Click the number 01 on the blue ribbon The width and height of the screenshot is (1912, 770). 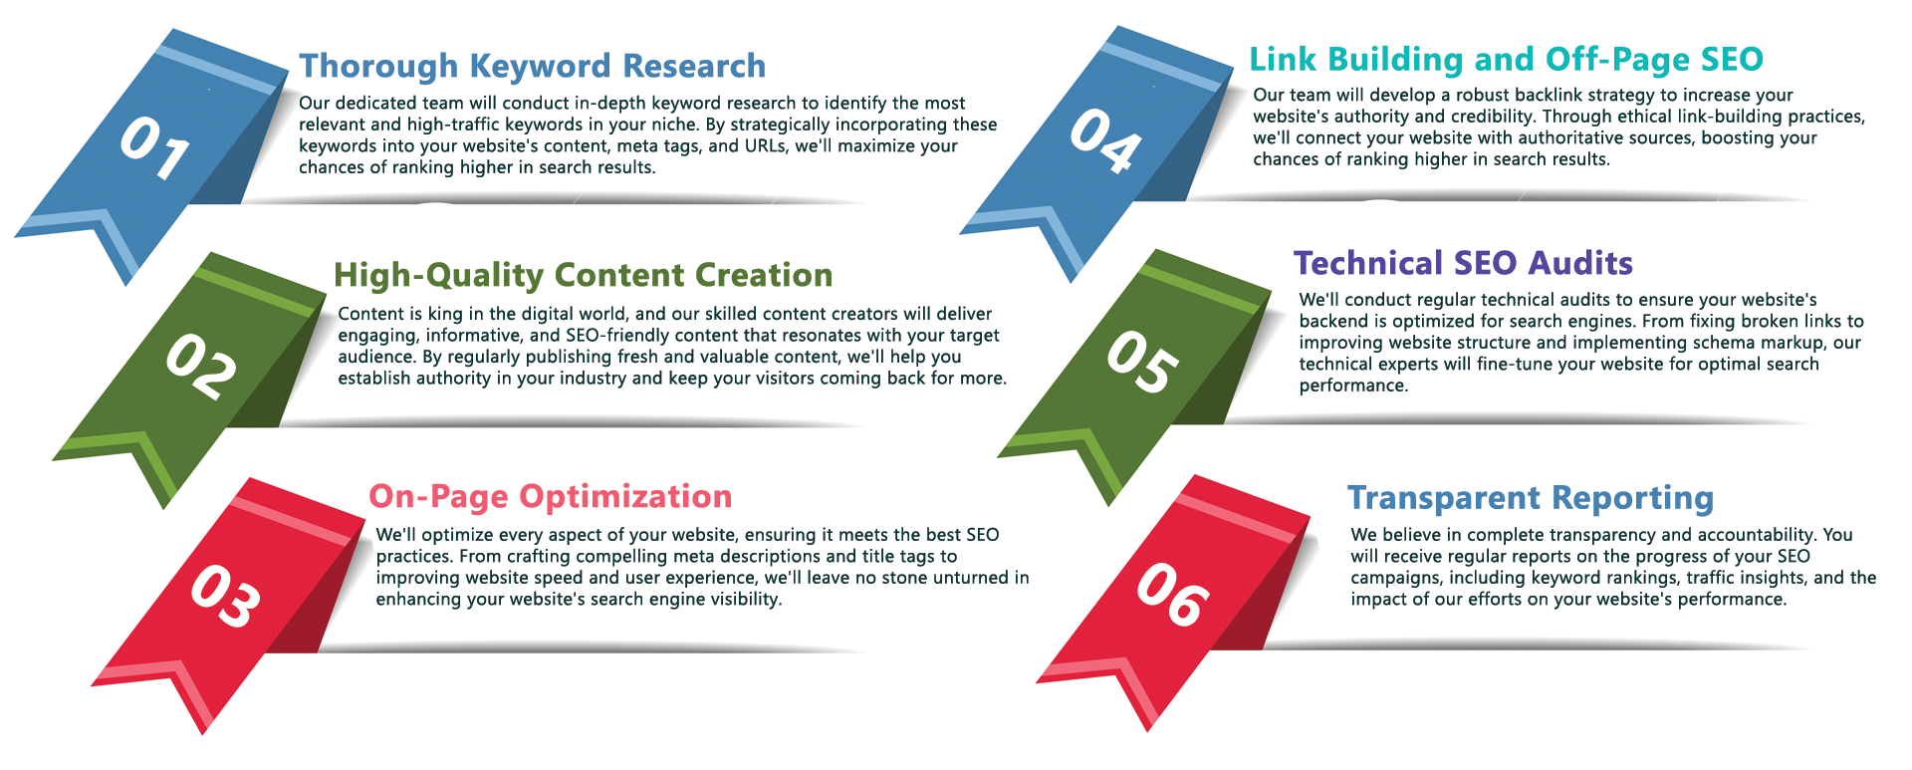click(155, 147)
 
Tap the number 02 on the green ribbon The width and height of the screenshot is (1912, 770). click(201, 367)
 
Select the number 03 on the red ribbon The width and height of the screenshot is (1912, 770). click(226, 596)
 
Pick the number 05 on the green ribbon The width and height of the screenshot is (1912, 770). click(1143, 362)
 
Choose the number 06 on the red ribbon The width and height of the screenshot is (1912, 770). click(1173, 594)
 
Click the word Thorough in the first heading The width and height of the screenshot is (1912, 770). click(379, 67)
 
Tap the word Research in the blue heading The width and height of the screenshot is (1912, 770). click(694, 66)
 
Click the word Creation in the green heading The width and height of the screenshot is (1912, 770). click(764, 275)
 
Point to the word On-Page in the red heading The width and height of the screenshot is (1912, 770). click(439, 497)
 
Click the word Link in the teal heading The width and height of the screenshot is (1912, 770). click(1284, 60)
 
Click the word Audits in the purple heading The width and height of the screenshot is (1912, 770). click(1580, 263)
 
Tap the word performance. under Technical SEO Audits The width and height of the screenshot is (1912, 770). click(1353, 386)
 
